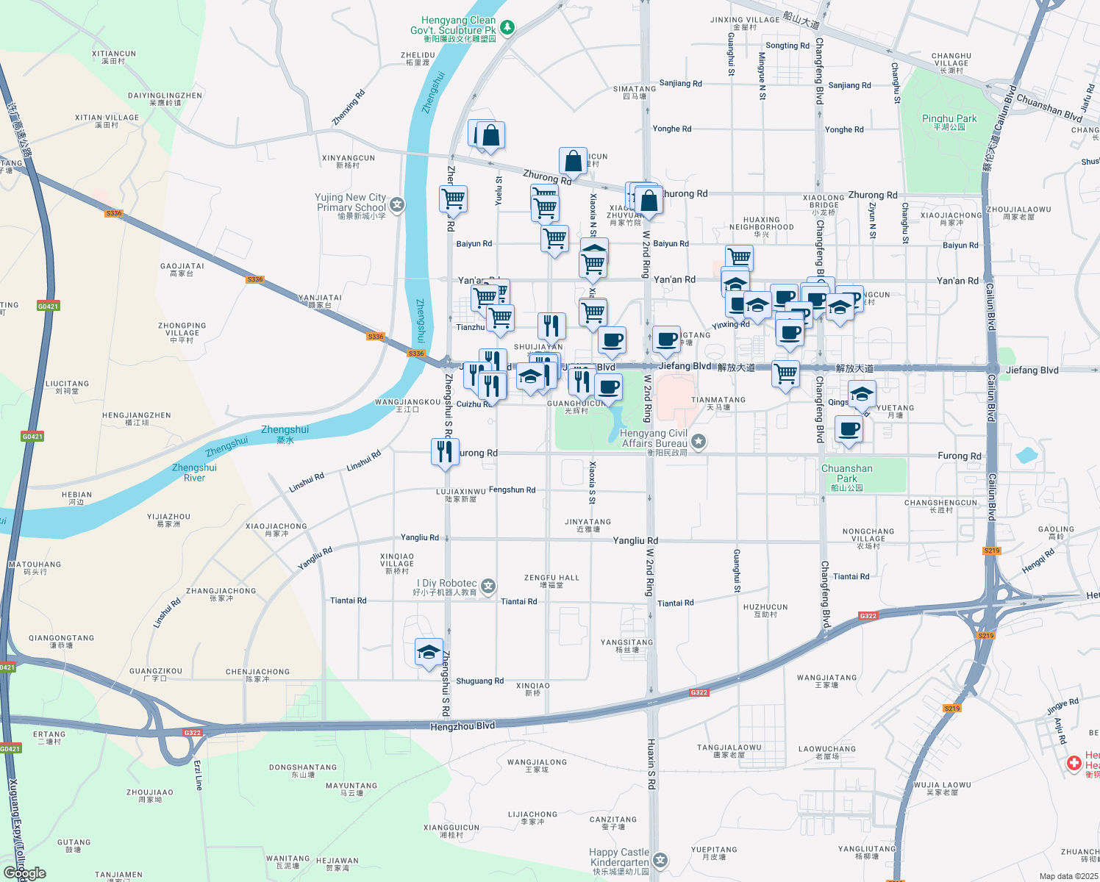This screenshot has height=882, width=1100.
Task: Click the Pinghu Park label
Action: coord(949,122)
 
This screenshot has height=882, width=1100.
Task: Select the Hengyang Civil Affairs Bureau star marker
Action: coord(699,442)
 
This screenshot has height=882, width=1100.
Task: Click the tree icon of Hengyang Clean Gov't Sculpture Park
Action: coord(507,28)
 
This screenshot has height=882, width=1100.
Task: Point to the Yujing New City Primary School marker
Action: coord(397,205)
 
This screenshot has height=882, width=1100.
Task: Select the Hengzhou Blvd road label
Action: coord(463,726)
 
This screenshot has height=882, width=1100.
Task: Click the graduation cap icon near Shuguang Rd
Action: coord(429,652)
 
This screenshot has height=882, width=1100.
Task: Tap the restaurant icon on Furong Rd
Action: coord(445,451)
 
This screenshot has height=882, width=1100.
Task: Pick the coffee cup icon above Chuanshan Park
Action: coord(849,429)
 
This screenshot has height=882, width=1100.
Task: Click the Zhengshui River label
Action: coord(194,472)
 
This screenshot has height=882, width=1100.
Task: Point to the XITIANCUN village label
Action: coord(114,57)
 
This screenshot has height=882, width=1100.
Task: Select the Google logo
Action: coord(24,873)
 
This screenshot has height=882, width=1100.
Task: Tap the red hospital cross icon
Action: coord(1074,764)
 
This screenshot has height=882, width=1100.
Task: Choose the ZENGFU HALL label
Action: coord(551,581)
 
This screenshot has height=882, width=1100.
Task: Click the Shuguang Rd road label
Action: coord(479,681)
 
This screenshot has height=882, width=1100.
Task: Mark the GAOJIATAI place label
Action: coord(182,270)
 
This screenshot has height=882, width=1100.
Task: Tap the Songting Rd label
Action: coord(787,46)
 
